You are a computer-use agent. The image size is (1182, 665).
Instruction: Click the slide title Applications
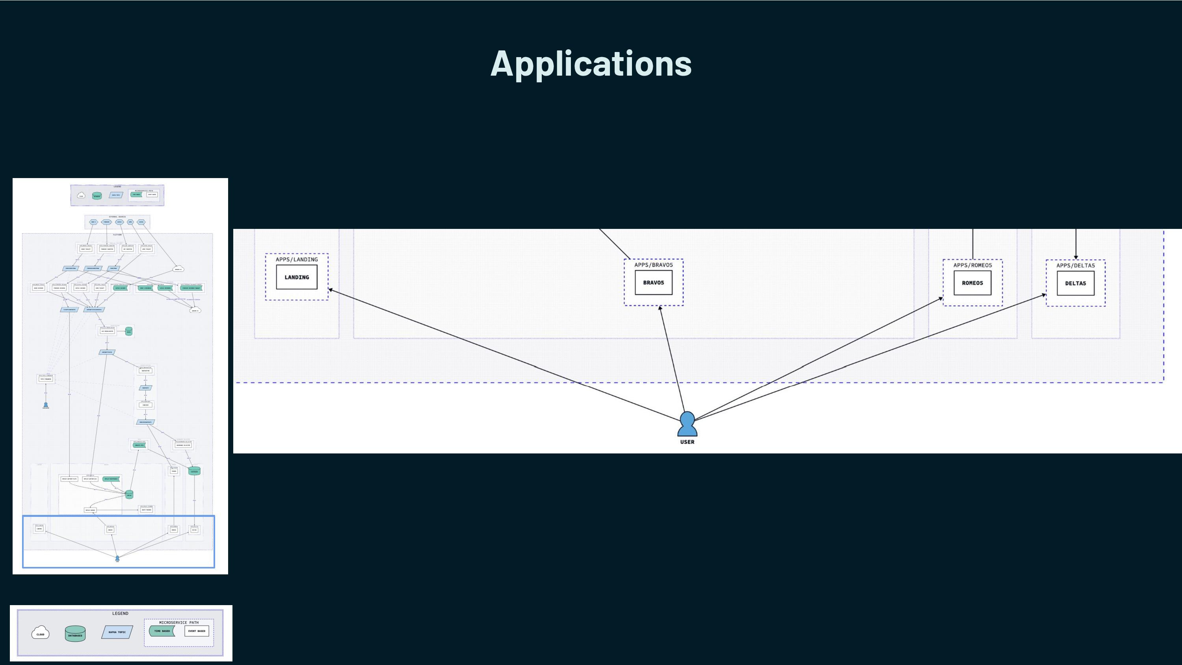pos(591,63)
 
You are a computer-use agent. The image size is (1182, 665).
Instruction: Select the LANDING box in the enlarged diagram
pos(296,277)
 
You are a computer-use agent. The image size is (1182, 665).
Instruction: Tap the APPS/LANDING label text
pos(296,259)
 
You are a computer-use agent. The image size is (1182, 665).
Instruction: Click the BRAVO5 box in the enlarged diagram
pos(653,283)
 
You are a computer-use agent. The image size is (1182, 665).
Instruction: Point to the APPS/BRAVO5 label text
pos(653,265)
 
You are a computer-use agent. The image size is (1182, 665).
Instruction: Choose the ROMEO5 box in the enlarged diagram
pos(972,283)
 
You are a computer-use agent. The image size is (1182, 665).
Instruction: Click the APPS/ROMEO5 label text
pos(972,265)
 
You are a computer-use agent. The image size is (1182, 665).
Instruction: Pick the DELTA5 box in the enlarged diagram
pos(1076,284)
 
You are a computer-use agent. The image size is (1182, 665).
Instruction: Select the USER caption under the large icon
pos(688,442)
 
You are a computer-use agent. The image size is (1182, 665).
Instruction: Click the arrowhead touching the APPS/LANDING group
pos(331,290)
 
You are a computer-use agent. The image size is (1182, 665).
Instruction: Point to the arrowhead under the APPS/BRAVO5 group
pos(660,308)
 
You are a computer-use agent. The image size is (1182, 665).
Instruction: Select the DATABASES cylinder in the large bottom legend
pos(75,634)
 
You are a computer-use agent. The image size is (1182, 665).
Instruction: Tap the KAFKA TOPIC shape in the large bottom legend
pos(117,632)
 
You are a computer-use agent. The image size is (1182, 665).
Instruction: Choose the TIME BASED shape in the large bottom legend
pos(162,631)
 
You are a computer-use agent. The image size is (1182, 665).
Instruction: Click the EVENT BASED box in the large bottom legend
pos(197,631)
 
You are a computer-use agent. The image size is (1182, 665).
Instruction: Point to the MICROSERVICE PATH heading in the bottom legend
pos(179,623)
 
